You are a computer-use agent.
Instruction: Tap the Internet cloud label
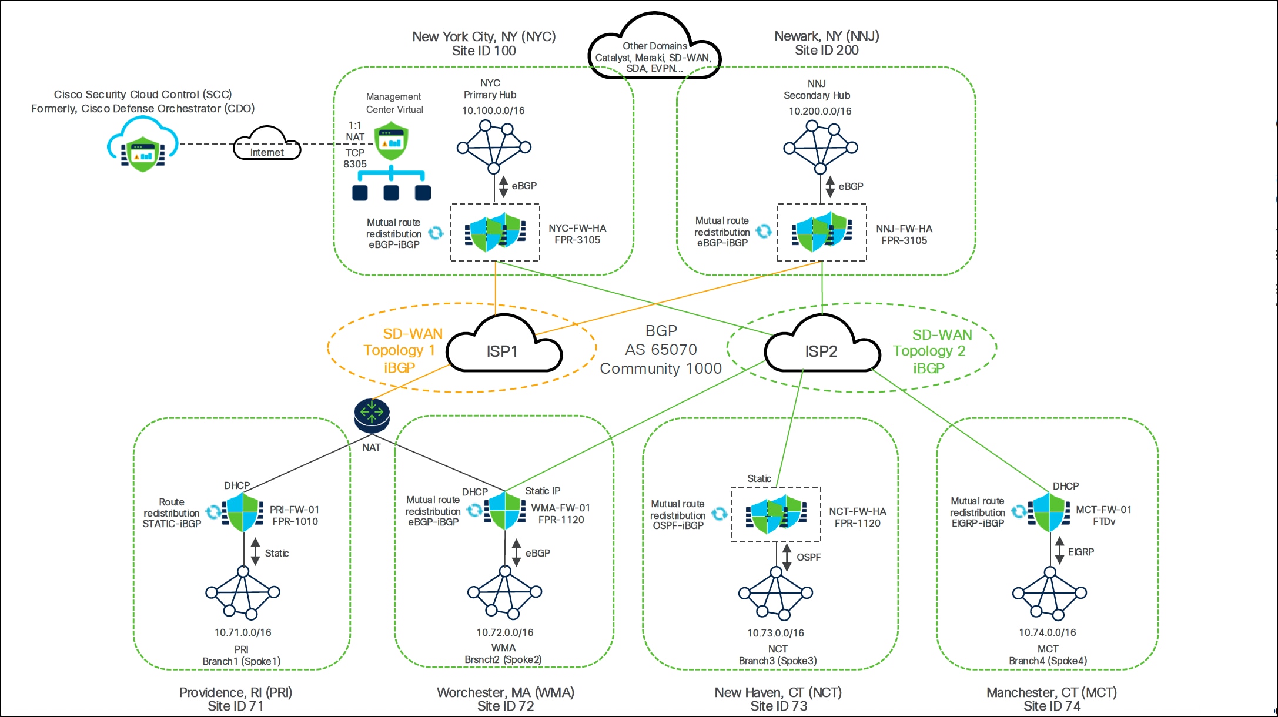coord(267,152)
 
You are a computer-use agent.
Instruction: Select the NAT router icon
coord(372,416)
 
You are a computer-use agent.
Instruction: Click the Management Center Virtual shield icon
coord(391,141)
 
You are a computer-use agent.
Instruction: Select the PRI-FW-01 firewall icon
coord(242,512)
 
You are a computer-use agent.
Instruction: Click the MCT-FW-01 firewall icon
coord(1050,512)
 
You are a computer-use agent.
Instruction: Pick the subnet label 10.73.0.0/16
coord(775,633)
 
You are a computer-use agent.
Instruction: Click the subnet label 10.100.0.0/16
coord(493,110)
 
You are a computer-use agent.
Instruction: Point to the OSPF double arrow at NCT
coord(787,557)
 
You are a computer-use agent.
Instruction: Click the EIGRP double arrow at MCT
coord(1059,551)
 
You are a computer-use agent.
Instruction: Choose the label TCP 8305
coord(354,158)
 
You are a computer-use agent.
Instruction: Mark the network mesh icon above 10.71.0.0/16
coord(242,592)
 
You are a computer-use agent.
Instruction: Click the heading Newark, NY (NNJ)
coord(827,36)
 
